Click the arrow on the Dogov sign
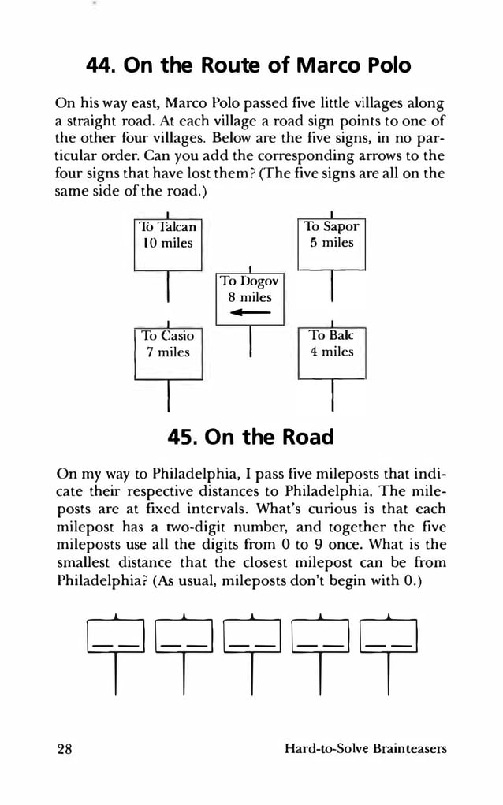coord(248,314)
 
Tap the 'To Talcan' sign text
coord(167,227)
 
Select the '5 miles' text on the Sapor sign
coord(331,243)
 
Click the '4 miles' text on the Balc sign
coord(332,352)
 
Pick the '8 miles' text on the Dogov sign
coord(249,297)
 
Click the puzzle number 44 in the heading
coord(101,65)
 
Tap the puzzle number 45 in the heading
coord(184,437)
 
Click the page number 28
coord(64,748)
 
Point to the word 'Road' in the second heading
coord(305,437)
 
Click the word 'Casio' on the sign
coord(177,336)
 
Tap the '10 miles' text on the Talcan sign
coord(166,243)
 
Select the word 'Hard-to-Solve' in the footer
coord(323,748)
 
